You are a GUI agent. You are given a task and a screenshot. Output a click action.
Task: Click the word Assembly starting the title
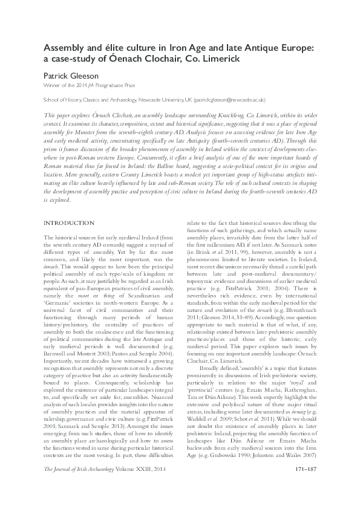click(x=66, y=47)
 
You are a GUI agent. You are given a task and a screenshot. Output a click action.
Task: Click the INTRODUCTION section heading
click(x=69, y=223)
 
